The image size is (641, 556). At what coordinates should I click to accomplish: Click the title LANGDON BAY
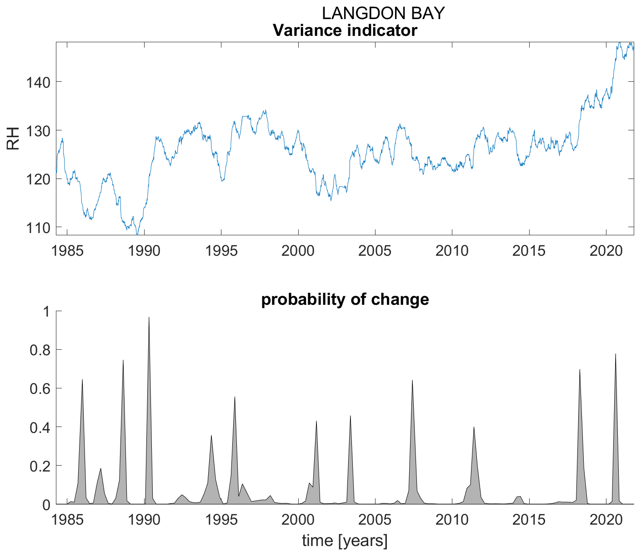click(x=383, y=13)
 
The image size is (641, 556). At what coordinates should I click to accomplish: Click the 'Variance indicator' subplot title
click(x=345, y=31)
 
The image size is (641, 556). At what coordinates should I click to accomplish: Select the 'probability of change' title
click(x=345, y=300)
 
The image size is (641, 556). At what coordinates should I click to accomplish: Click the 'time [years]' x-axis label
click(x=345, y=541)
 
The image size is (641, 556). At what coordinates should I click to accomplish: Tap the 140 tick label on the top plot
click(x=37, y=82)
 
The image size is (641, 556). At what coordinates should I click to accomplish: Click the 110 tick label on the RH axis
click(x=37, y=227)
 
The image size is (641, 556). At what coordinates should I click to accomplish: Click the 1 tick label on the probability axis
click(x=46, y=311)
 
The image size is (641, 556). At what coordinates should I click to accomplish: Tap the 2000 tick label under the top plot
click(x=298, y=250)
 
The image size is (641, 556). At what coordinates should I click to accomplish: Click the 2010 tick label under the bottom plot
click(x=451, y=519)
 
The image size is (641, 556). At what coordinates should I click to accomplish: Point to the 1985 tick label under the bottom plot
click(x=67, y=519)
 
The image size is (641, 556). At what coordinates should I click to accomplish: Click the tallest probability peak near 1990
click(x=149, y=317)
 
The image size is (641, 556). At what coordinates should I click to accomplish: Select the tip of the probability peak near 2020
click(x=616, y=353)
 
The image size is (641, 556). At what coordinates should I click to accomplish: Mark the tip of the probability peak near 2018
click(x=580, y=369)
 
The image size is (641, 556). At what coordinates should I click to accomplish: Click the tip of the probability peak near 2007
click(x=412, y=380)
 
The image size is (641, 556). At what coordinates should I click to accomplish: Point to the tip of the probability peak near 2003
click(x=350, y=416)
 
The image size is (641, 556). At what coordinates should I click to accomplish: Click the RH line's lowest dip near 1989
click(x=137, y=234)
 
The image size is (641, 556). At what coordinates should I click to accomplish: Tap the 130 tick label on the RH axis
click(x=37, y=130)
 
